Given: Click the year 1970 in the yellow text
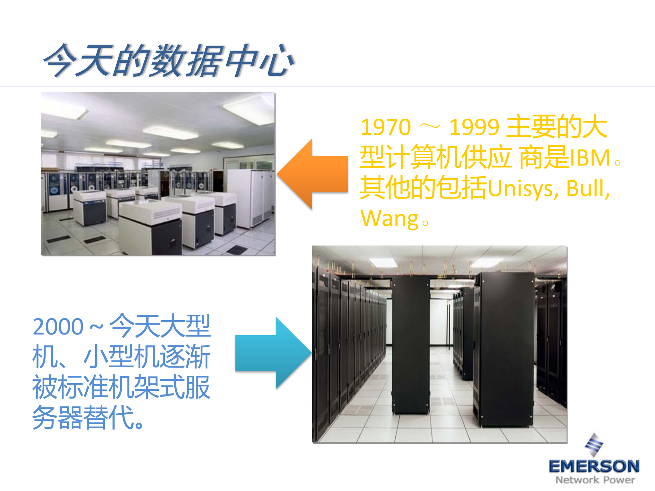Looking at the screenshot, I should pyautogui.click(x=385, y=127).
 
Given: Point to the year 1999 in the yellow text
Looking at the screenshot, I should pyautogui.click(x=474, y=127).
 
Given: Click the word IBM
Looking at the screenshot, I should pyautogui.click(x=590, y=158).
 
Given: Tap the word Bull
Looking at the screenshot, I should pyautogui.click(x=587, y=188).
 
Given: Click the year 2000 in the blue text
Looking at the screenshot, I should pyautogui.click(x=58, y=327).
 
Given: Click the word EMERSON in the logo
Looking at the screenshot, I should pyautogui.click(x=594, y=466).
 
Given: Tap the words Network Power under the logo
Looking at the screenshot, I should pyautogui.click(x=595, y=480).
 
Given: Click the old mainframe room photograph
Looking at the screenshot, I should pyautogui.click(x=158, y=174).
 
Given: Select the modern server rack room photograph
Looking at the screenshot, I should pyautogui.click(x=439, y=344).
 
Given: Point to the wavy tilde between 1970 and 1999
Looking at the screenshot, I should pyautogui.click(x=429, y=127).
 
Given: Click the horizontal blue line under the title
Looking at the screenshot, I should pyautogui.click(x=327, y=87).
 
